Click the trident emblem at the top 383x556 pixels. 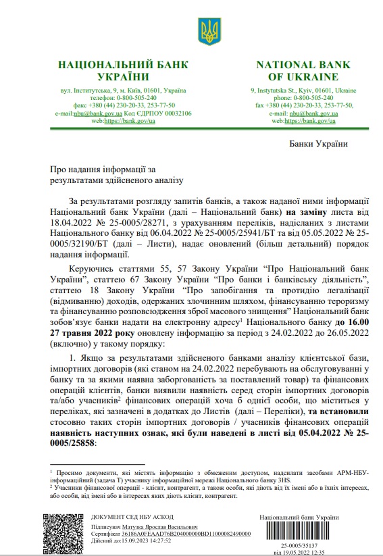coord(207,28)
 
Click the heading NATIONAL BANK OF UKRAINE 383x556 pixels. coord(303,71)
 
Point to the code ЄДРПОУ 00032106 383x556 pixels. coord(159,113)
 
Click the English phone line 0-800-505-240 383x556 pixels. coord(303,97)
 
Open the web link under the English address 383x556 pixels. coord(310,121)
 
